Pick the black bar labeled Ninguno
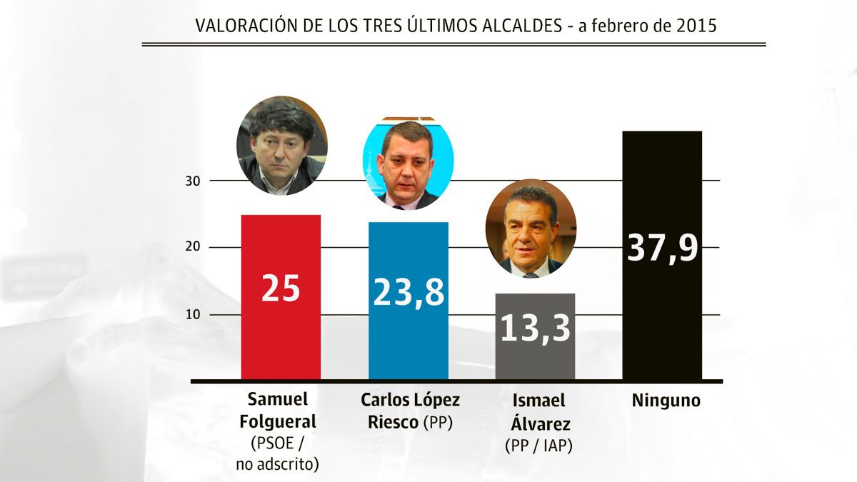point(662,321)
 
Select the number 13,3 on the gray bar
point(535,328)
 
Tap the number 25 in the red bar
point(281,288)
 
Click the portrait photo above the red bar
point(282,146)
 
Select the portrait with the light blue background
point(408,164)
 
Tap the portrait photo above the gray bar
point(531,229)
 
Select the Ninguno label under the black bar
point(666,401)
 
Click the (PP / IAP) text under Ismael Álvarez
point(539,446)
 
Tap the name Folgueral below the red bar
point(281,422)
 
